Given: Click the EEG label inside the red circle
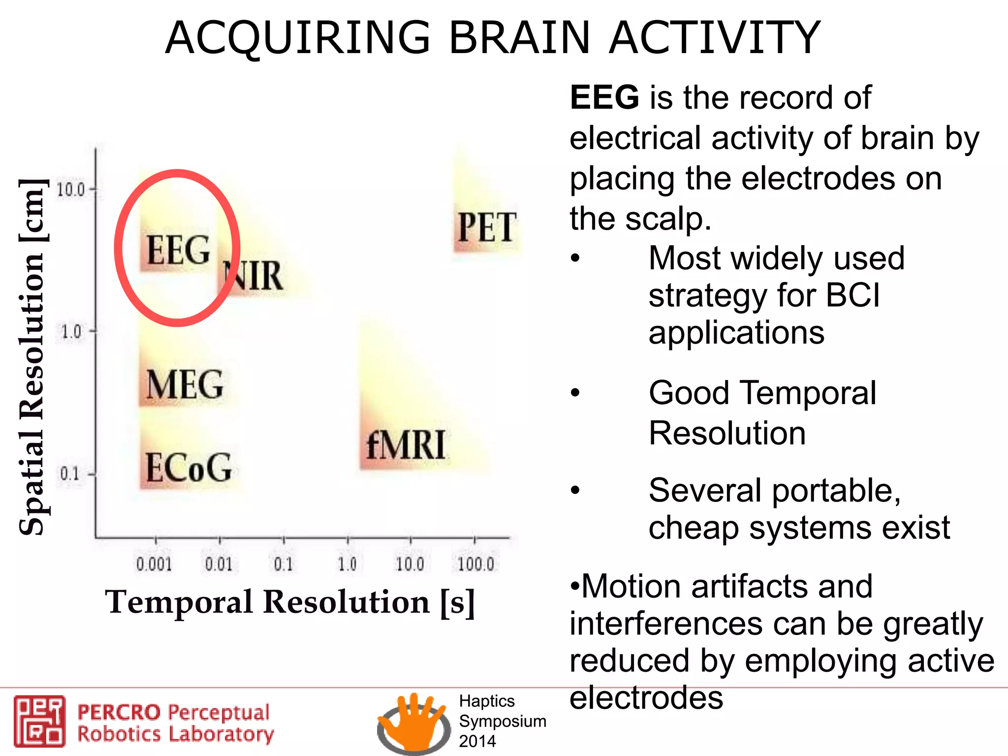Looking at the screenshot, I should click(178, 250).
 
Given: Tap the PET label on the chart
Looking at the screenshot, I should click(487, 227).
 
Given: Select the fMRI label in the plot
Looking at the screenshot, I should click(406, 445).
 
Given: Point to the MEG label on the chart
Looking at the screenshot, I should click(185, 384).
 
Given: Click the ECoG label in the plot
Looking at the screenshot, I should click(189, 468).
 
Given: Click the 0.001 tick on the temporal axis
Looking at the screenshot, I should click(154, 564).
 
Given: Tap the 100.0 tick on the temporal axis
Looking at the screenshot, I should click(475, 564).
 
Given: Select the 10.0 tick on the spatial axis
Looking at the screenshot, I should click(71, 189).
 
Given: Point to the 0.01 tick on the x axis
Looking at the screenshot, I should click(219, 564).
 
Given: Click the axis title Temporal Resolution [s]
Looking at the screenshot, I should click(290, 602).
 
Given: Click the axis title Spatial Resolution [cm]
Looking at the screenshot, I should click(32, 357).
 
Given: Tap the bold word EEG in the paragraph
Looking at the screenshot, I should click(604, 97).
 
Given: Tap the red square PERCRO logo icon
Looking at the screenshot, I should click(39, 721).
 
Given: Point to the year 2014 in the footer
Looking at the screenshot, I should click(477, 741).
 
